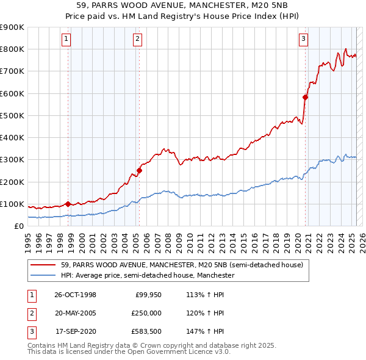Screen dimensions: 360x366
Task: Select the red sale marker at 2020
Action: click(306, 96)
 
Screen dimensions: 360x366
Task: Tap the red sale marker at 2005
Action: click(139, 171)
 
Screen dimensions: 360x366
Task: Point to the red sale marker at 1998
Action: click(68, 204)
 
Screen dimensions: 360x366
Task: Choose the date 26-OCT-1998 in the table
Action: click(75, 295)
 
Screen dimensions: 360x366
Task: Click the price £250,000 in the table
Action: click(146, 313)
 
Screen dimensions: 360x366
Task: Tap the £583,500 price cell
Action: click(146, 331)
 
